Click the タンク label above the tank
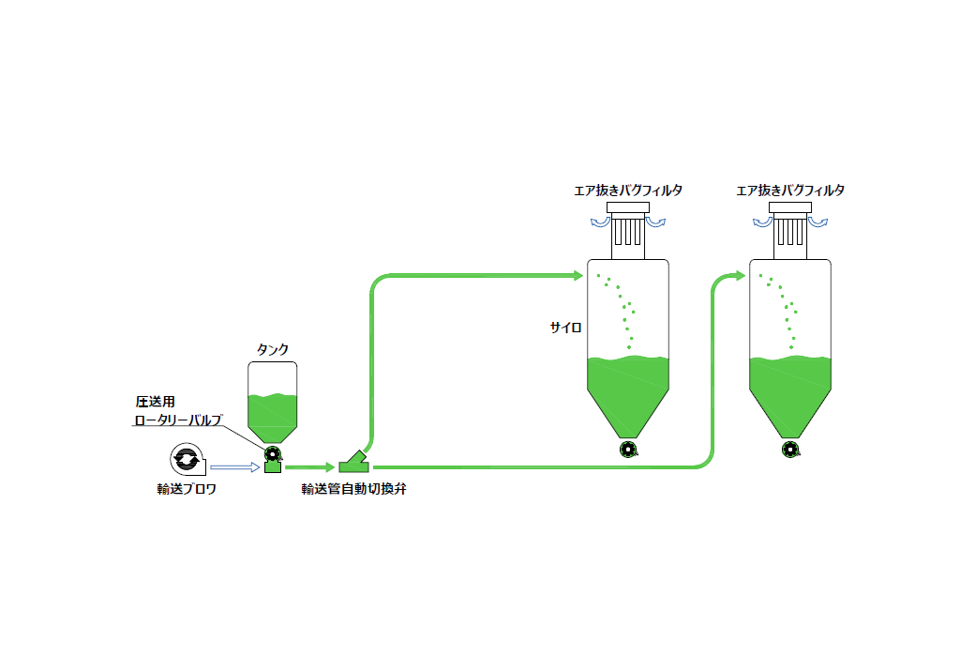coord(273,350)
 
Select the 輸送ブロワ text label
coord(187,489)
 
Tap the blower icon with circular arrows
coord(186,459)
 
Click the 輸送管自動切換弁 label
coord(353,489)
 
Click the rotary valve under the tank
coord(273,451)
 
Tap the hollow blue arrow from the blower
coord(233,466)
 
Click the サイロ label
coord(566,328)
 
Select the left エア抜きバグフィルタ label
coord(628,191)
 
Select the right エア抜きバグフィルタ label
coord(790,191)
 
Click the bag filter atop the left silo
coord(628,228)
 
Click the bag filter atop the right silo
coord(791,228)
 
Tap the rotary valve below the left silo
coord(628,450)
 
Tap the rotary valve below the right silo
coord(791,450)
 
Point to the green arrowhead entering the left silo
coord(577,276)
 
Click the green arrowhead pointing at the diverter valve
coord(328,466)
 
